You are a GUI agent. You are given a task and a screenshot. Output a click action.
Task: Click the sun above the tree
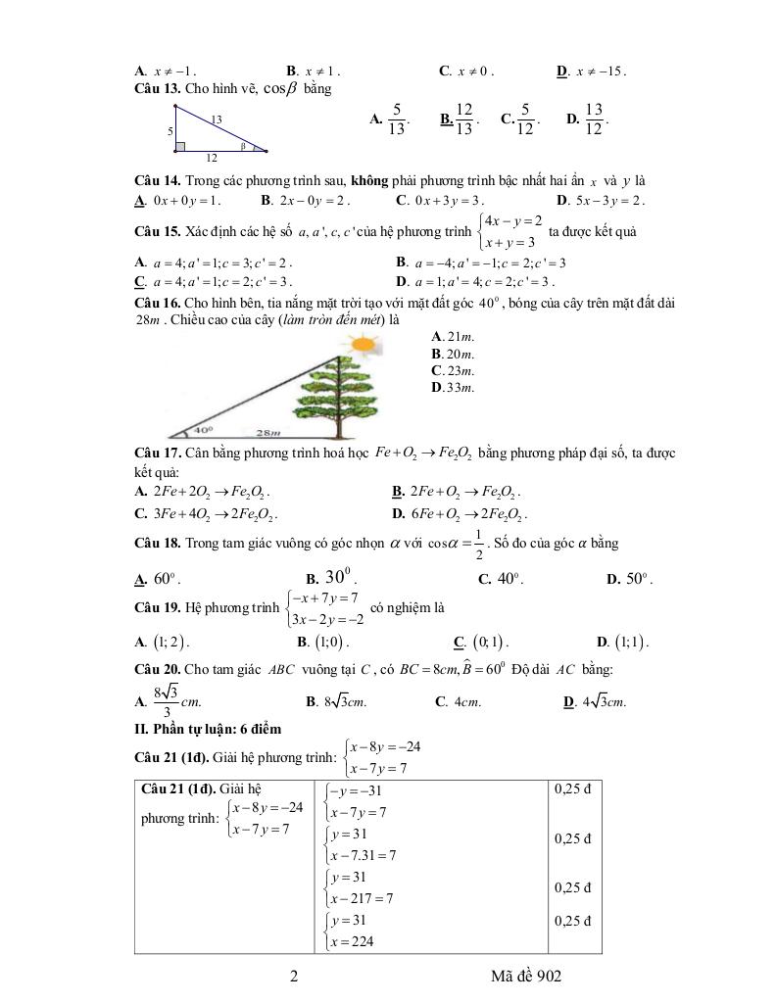pyautogui.click(x=362, y=345)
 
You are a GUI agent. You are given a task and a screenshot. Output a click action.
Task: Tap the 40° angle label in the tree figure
pyautogui.click(x=203, y=428)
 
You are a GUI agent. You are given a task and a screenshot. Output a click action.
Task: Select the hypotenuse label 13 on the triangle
pyautogui.click(x=217, y=119)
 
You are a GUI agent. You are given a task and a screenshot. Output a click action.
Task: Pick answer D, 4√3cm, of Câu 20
pyautogui.click(x=595, y=702)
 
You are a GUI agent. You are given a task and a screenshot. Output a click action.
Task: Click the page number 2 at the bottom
pyautogui.click(x=294, y=977)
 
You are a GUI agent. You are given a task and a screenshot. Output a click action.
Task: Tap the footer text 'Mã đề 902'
pyautogui.click(x=528, y=977)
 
